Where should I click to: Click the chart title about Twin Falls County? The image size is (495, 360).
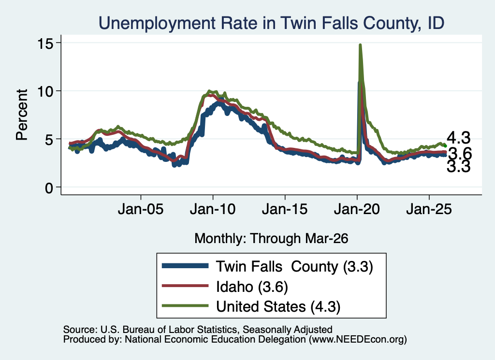pos(272,23)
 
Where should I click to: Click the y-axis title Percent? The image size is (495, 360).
pos(22,114)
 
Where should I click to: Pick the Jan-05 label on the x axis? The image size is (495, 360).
pos(141,209)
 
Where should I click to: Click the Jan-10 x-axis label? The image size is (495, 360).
pos(213,209)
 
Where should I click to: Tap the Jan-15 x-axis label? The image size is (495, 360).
pos(285,209)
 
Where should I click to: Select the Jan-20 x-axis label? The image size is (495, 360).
pos(357,209)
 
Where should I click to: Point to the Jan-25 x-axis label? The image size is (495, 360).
pos(429,209)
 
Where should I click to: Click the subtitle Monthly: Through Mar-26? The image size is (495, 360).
pos(271,238)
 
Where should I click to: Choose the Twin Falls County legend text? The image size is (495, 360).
pos(294,267)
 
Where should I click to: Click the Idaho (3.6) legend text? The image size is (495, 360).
pos(252,287)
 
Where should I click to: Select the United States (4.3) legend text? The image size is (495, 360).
pos(278,307)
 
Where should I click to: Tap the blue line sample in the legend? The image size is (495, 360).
pos(185,266)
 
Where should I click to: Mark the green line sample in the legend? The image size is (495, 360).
pos(185,305)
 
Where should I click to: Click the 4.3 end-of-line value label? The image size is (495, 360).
pos(458,138)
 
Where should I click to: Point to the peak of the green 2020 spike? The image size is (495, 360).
pos(360,45)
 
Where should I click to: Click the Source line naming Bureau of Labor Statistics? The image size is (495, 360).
pos(198,330)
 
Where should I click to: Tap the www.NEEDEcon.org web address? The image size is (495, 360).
pos(357,340)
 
